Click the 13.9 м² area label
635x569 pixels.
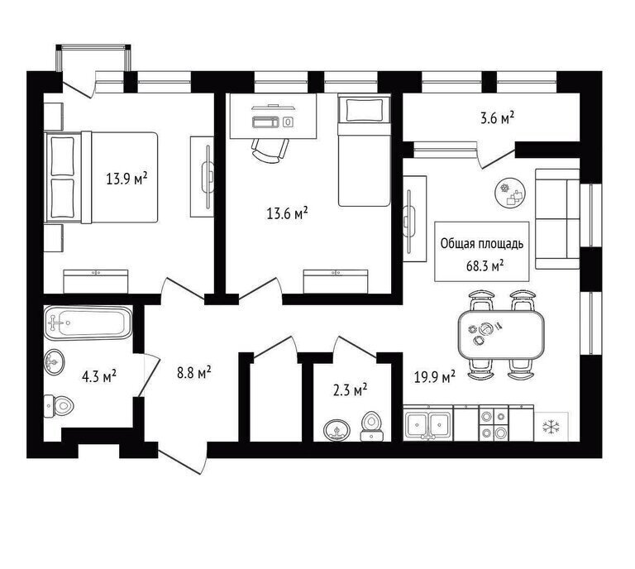(x=127, y=178)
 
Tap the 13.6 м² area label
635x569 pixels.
(x=287, y=213)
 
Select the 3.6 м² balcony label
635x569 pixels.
(x=497, y=118)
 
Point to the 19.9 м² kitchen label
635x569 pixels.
(x=435, y=377)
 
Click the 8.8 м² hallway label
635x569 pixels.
(x=194, y=372)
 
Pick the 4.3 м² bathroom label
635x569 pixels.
(x=99, y=376)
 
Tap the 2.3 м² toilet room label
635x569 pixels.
(x=350, y=390)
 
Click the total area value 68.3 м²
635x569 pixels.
(x=485, y=266)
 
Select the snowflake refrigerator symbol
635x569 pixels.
(x=550, y=426)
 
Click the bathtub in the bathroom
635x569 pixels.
(x=88, y=323)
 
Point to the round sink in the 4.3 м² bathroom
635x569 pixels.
(x=55, y=361)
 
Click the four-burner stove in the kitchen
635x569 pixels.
(x=494, y=423)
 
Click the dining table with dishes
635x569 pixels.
(x=500, y=334)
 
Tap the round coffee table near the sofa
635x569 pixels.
(x=511, y=194)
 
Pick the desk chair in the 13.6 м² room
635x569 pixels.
(x=270, y=151)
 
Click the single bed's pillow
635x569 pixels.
(x=364, y=109)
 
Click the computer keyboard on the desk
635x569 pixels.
(x=265, y=122)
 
